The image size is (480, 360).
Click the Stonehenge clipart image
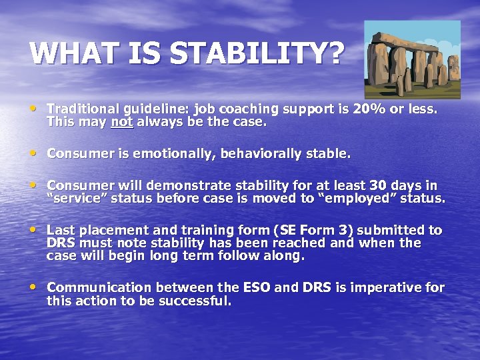point(412,59)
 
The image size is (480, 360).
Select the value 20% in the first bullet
point(361,109)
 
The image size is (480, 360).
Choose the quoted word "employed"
point(357,198)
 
